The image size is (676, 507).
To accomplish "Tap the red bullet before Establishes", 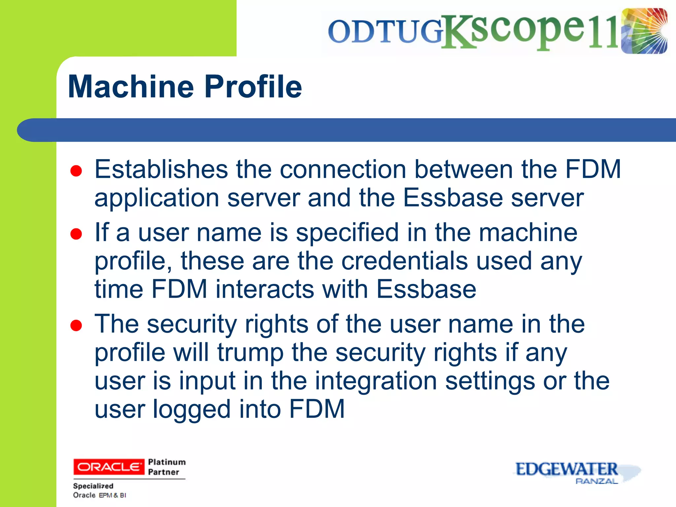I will point(76,171).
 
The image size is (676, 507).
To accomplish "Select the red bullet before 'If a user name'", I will point(76,234).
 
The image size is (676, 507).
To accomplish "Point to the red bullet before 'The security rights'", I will point(76,325).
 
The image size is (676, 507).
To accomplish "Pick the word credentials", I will point(404,261).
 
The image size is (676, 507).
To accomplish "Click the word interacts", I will point(265,289).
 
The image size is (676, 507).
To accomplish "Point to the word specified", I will point(347,233).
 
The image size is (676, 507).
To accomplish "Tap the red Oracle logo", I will point(109,467).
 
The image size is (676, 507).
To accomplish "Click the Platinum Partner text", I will point(166,467).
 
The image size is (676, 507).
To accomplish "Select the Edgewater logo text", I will point(566,469).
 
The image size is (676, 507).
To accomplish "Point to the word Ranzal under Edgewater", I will point(596,481).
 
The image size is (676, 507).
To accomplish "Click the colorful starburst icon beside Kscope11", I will point(644,31).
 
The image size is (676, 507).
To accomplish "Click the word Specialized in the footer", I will point(93,486).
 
